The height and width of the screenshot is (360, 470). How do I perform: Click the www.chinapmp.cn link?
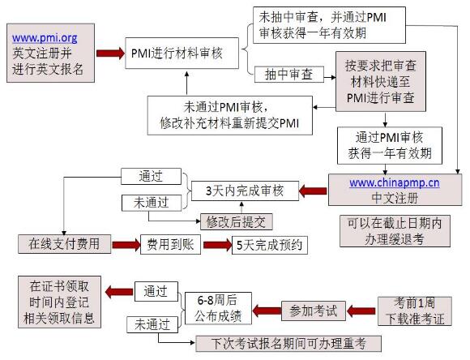click(395, 183)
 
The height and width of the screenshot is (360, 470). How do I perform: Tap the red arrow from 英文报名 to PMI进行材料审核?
click(109, 53)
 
